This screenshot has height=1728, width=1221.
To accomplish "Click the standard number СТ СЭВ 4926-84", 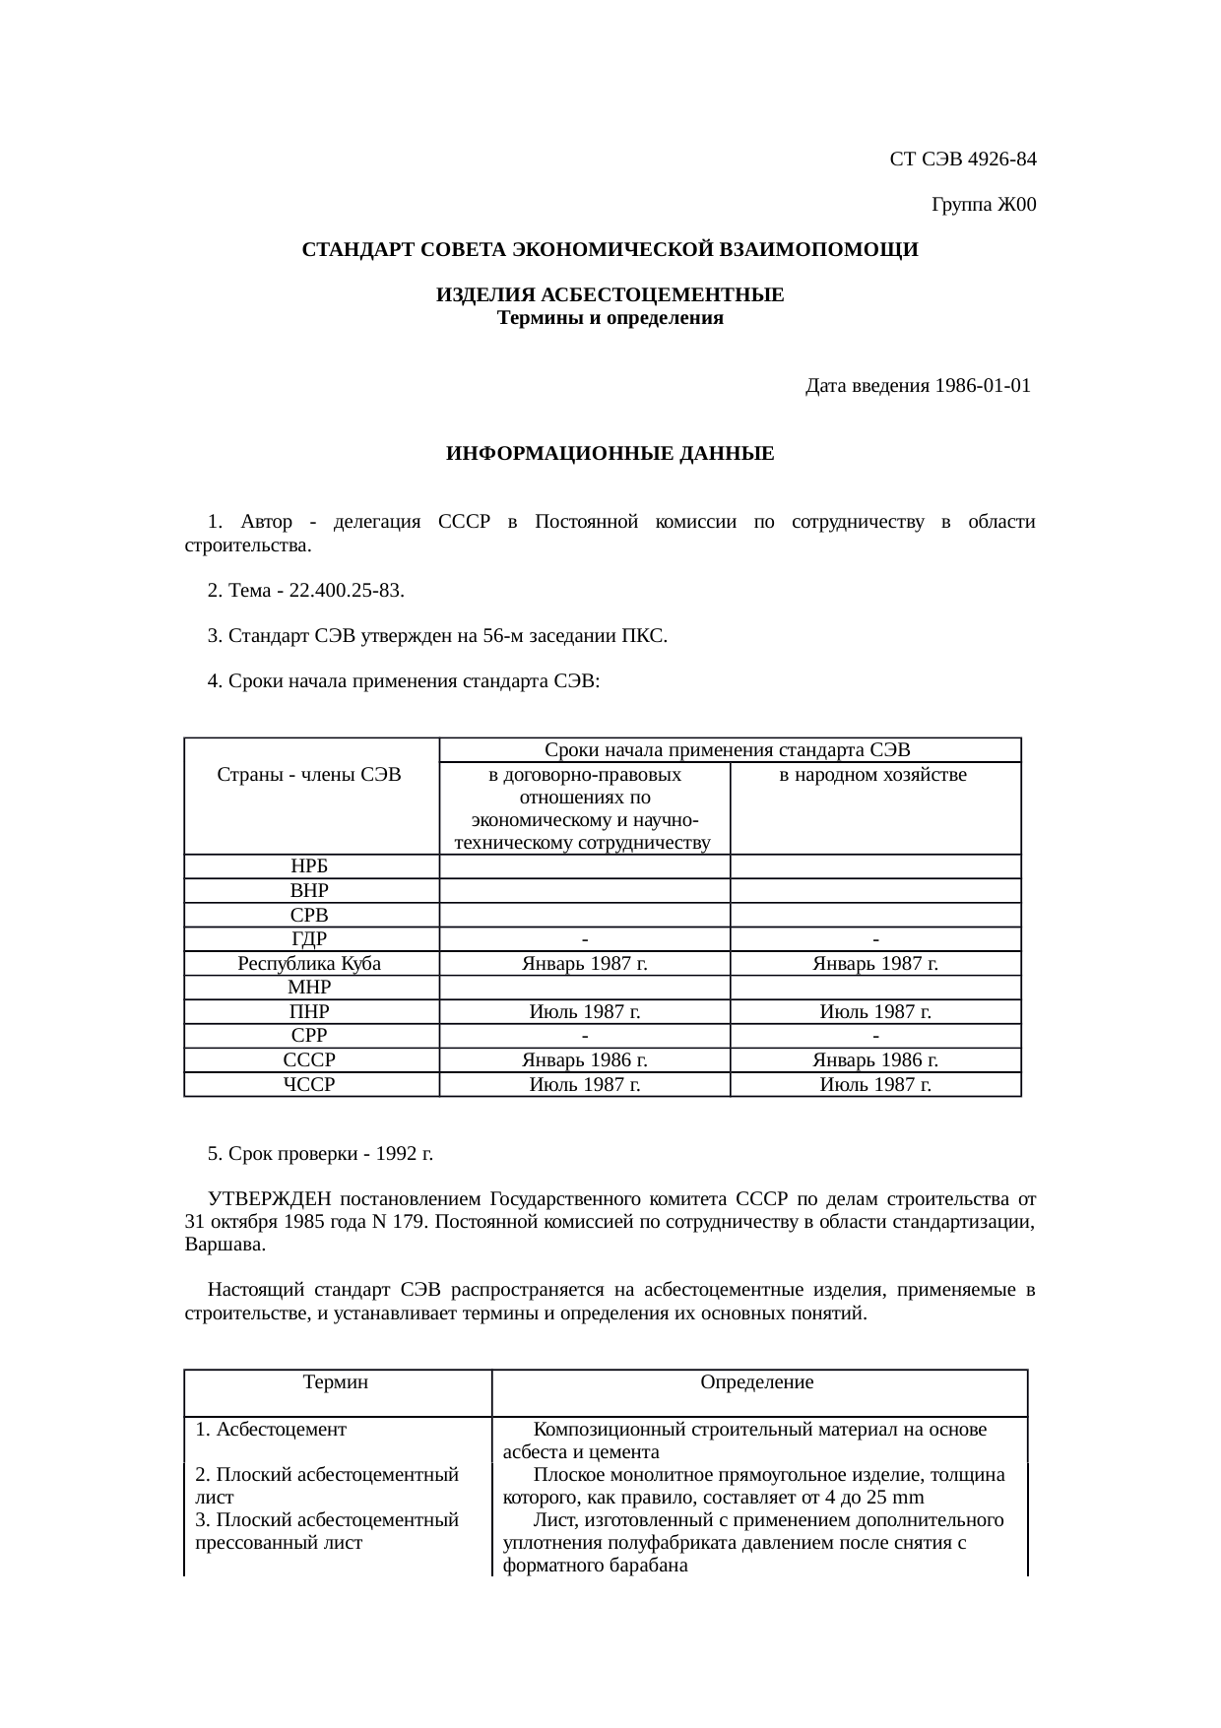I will tap(962, 159).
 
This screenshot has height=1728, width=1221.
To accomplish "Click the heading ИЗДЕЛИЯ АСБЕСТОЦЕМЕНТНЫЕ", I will tap(610, 295).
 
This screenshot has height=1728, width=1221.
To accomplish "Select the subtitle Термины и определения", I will tap(610, 318).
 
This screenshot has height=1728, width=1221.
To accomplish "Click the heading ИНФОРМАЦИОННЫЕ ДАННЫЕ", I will tap(610, 454).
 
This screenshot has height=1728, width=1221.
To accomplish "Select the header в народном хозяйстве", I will tap(872, 776).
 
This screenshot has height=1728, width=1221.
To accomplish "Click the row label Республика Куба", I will tap(309, 964).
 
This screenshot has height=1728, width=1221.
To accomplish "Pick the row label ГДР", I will tap(309, 939).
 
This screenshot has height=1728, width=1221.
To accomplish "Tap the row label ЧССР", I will tap(309, 1084).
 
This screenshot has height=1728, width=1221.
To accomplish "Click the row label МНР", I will tap(309, 988).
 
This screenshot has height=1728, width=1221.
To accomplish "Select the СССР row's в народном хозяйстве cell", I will tap(874, 1060).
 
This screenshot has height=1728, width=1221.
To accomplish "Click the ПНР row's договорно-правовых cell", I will tap(585, 1012).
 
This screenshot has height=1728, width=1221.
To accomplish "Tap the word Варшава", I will tap(224, 1245).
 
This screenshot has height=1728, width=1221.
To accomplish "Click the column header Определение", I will tap(756, 1382).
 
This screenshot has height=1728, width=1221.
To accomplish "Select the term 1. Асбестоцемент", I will tap(271, 1429).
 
